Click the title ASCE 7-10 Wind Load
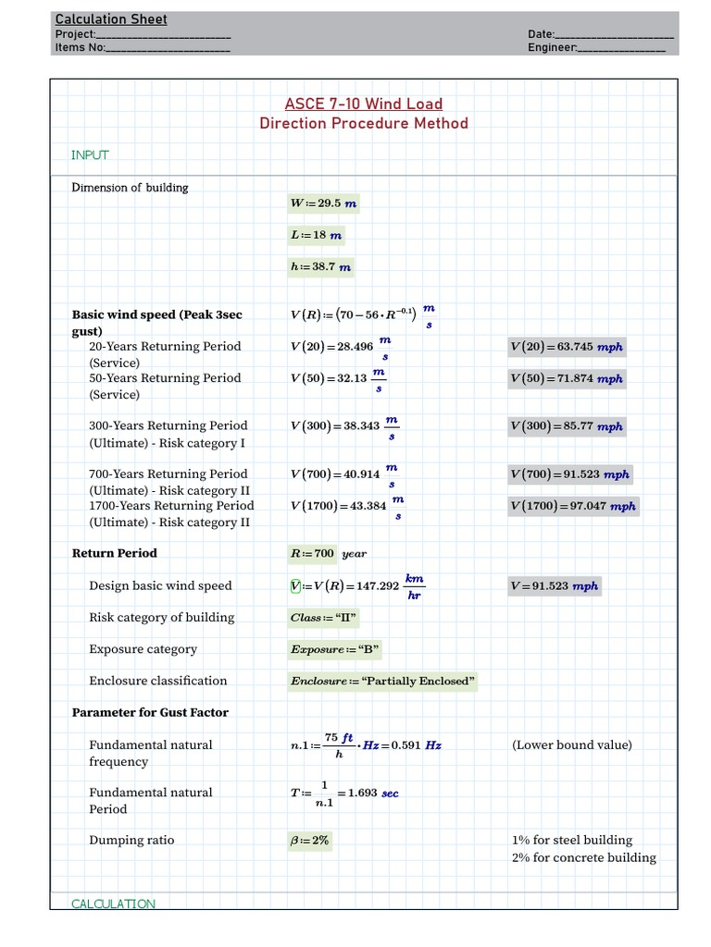pyautogui.click(x=363, y=104)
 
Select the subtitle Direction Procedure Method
pyautogui.click(x=363, y=123)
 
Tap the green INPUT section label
pyautogui.click(x=90, y=155)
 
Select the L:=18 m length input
pyautogui.click(x=316, y=235)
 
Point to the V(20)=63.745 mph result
pyautogui.click(x=566, y=347)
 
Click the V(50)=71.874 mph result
pyautogui.click(x=566, y=378)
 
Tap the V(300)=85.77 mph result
pyautogui.click(x=566, y=426)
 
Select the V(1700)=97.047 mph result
pyautogui.click(x=572, y=506)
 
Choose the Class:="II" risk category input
pyautogui.click(x=323, y=618)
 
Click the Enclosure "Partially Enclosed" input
pyautogui.click(x=382, y=682)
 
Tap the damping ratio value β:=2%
pyautogui.click(x=309, y=841)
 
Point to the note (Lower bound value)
pyautogui.click(x=571, y=744)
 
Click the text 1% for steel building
pyautogui.click(x=571, y=840)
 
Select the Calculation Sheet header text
pyautogui.click(x=111, y=19)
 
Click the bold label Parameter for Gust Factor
pyautogui.click(x=150, y=712)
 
